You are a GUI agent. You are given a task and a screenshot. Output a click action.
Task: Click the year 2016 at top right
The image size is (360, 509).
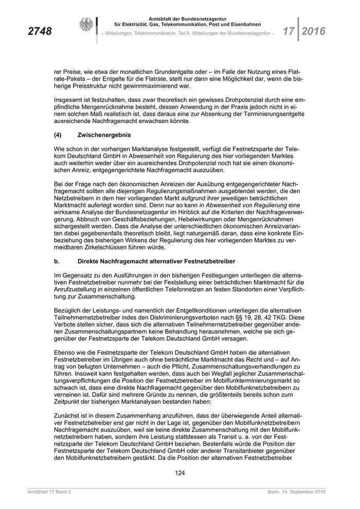click(x=314, y=31)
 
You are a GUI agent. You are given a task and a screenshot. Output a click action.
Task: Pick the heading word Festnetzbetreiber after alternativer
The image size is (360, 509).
click(x=206, y=262)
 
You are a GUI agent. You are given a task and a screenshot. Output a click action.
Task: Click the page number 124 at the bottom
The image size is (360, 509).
click(x=180, y=472)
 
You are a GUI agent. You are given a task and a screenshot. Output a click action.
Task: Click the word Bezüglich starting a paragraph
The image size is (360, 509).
click(x=68, y=312)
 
